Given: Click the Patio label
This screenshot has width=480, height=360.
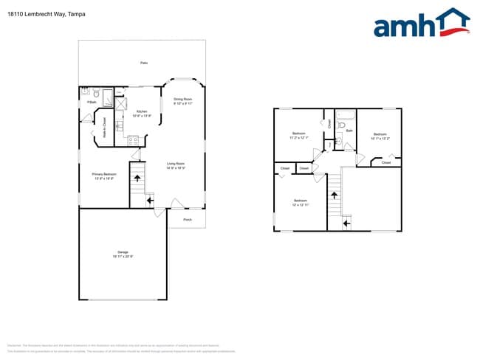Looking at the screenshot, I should pyautogui.click(x=143, y=63).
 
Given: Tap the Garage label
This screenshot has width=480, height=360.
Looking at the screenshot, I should pyautogui.click(x=123, y=255).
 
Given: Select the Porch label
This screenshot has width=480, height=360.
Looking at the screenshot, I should pyautogui.click(x=187, y=219).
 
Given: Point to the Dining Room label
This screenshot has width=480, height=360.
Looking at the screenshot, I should pyautogui.click(x=182, y=101).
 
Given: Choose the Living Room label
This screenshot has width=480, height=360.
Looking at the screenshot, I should pyautogui.click(x=175, y=165).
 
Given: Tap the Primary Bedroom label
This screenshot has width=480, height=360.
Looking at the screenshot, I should pyautogui.click(x=103, y=176).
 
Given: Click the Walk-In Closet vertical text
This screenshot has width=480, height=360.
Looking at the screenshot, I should pyautogui.click(x=104, y=128).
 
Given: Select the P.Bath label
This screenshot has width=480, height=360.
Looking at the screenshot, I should pyautogui.click(x=92, y=102).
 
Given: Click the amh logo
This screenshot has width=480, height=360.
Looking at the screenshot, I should pyautogui.click(x=421, y=24).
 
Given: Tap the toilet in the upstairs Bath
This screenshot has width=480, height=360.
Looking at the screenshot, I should pyautogui.click(x=341, y=125).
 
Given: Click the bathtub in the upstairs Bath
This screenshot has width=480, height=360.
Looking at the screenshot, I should pyautogui.click(x=345, y=114).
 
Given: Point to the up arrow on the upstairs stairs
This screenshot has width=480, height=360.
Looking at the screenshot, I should pyautogui.click(x=334, y=195).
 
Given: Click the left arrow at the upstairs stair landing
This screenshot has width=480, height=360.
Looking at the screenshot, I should pyautogui.click(x=346, y=221).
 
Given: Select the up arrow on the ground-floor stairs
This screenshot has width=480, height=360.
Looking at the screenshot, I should pyautogui.click(x=137, y=177).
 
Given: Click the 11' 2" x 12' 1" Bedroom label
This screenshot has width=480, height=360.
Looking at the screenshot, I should pyautogui.click(x=299, y=135).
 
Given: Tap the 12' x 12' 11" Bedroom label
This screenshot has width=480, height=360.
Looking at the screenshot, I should pyautogui.click(x=300, y=202).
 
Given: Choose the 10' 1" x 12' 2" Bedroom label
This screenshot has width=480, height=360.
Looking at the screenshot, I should pyautogui.click(x=380, y=136).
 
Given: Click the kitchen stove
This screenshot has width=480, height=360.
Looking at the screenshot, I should pyautogui.click(x=134, y=140).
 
